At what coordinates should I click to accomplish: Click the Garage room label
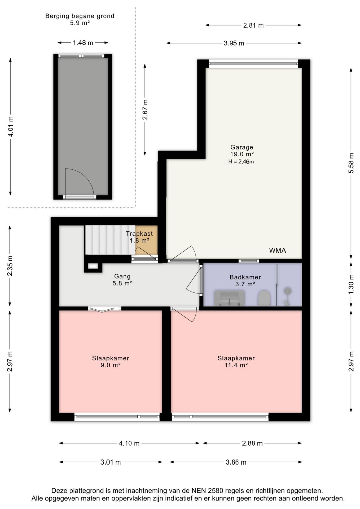[x=242, y=147]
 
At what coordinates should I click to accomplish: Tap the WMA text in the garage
[x=278, y=251]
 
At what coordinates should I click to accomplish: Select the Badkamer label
[x=245, y=277]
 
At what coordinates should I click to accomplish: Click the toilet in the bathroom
[x=264, y=298]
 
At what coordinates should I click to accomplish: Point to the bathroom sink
[x=229, y=298]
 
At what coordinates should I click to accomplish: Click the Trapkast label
[x=139, y=234]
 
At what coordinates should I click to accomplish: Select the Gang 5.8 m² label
[x=122, y=280]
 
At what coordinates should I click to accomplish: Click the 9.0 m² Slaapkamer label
[x=111, y=362]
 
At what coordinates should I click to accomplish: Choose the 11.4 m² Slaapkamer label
[x=236, y=362]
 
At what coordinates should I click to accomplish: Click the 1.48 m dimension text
[x=83, y=43]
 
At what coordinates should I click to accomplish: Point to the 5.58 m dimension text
[x=351, y=163]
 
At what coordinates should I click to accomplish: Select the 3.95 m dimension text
[x=234, y=43]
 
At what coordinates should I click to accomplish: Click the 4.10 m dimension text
[x=129, y=443]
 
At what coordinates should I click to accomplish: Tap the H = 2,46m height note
[x=241, y=161]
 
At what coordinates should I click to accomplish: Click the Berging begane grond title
[x=80, y=16]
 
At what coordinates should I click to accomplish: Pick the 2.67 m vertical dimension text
[x=145, y=109]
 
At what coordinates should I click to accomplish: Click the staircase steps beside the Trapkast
[x=110, y=240]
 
